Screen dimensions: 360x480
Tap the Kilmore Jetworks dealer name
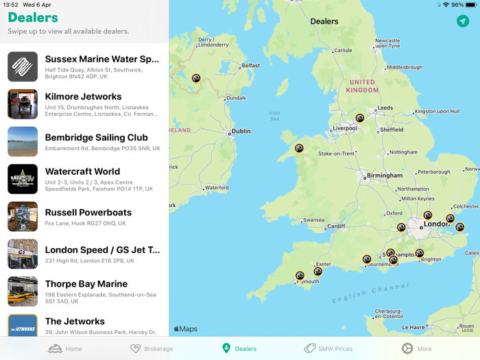83,97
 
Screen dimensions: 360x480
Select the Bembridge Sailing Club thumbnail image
23,142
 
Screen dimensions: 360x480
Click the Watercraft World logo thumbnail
23,179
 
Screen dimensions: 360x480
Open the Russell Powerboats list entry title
88,213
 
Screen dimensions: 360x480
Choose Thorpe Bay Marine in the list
86,284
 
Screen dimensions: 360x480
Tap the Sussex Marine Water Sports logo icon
23,67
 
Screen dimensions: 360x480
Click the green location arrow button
463,21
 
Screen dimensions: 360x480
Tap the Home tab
65,348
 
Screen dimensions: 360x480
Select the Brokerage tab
152,348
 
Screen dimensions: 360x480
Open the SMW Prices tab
328,348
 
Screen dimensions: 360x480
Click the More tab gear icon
407,348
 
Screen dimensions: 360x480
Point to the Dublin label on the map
241,132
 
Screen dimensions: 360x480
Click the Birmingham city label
384,176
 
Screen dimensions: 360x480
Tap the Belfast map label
250,66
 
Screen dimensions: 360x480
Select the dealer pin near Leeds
360,118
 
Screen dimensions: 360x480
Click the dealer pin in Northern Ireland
196,78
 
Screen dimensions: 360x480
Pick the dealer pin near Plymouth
300,276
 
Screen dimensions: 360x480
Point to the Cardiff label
336,226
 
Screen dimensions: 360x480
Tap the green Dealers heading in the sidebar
33,18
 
